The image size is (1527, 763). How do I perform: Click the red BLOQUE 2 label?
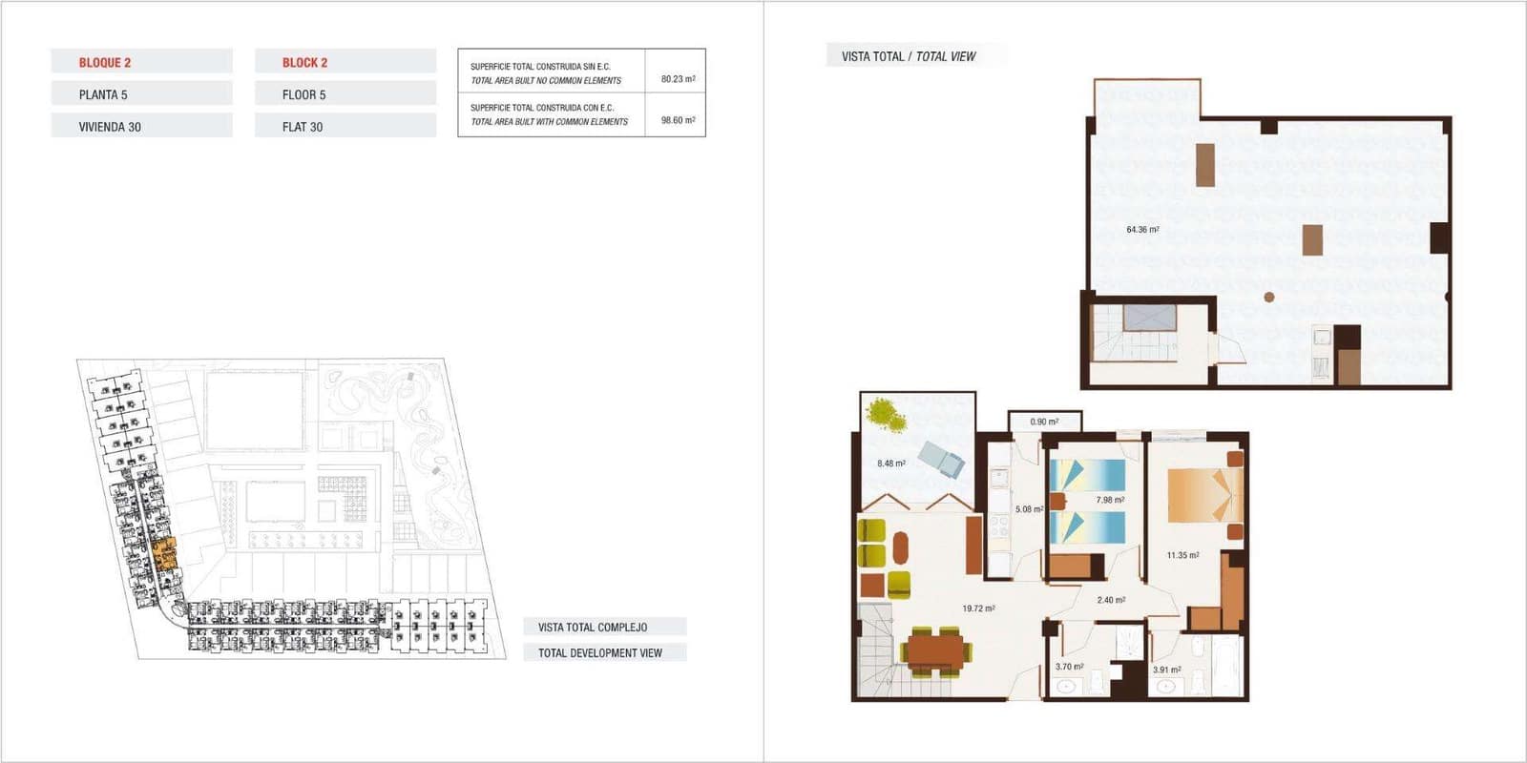point(105,63)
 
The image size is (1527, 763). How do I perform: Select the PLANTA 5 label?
point(103,94)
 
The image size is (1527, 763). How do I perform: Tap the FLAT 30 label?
point(303,127)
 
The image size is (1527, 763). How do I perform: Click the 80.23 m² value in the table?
point(678,79)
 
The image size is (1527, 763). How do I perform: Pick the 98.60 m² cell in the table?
point(678,120)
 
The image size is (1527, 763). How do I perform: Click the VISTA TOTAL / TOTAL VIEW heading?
point(909,56)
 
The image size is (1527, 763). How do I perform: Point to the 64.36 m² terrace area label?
point(1142,230)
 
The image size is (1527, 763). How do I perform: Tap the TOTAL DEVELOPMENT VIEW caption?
point(599,653)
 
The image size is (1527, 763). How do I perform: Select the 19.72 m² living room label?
point(978,608)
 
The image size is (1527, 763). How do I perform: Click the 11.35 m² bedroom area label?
point(1182,555)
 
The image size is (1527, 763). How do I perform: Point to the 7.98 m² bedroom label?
point(1110,500)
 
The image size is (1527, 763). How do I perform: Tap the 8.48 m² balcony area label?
point(891,464)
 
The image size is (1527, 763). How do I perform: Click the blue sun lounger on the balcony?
point(942,460)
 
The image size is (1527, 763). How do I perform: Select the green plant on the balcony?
point(886,413)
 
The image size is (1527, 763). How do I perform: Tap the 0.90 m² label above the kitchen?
point(1044,422)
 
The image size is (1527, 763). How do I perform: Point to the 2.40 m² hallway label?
point(1111,600)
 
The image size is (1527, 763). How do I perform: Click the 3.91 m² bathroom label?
point(1166,670)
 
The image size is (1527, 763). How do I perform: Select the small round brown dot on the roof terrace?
point(1269,298)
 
